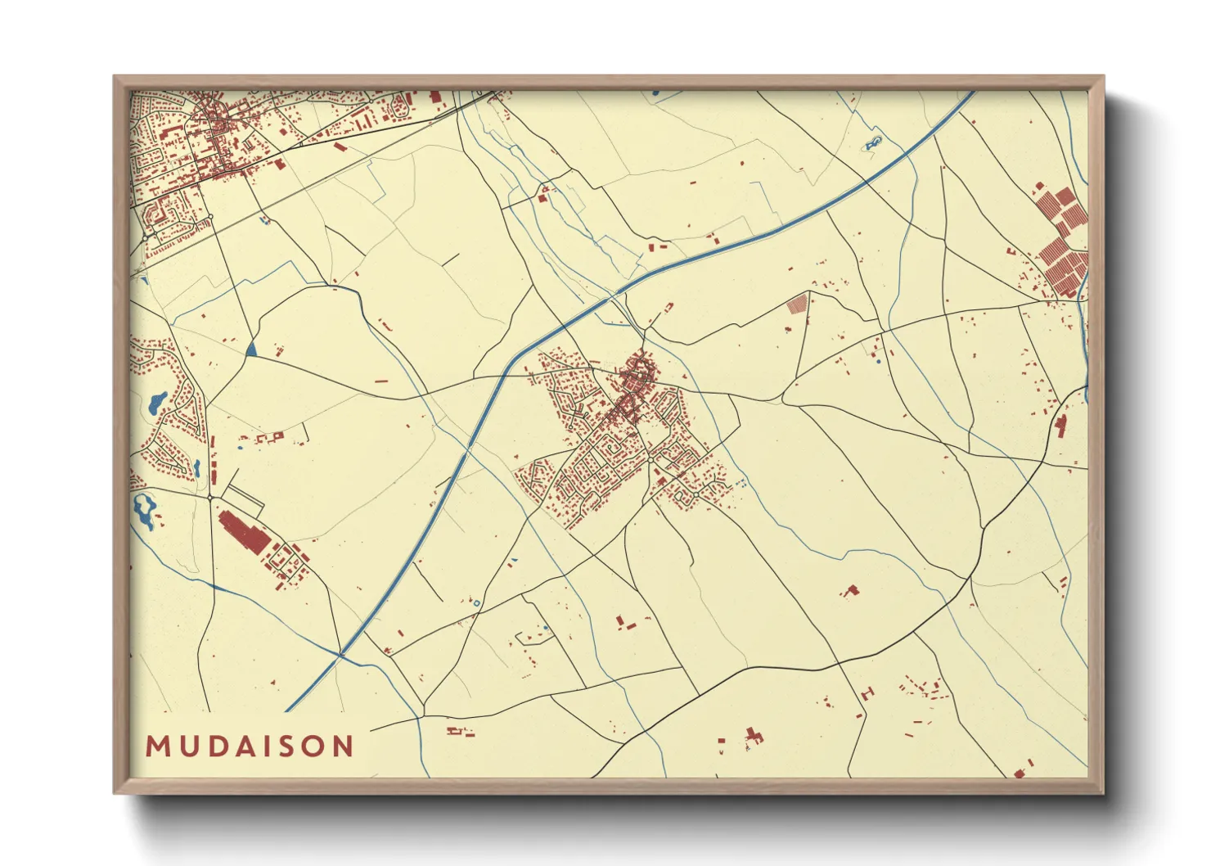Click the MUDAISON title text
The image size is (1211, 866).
pos(250,746)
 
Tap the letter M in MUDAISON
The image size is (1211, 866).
pos(156,746)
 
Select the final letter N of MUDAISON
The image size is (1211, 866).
pos(344,746)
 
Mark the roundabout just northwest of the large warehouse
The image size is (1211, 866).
pos(210,497)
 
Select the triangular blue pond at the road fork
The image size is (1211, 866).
pos(251,350)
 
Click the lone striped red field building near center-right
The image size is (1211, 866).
pos(796,304)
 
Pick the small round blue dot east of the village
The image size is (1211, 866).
pos(878,360)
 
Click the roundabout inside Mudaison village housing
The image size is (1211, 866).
pos(650,461)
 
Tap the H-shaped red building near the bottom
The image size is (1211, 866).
pos(753,736)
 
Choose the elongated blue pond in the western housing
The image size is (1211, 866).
pos(155,402)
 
